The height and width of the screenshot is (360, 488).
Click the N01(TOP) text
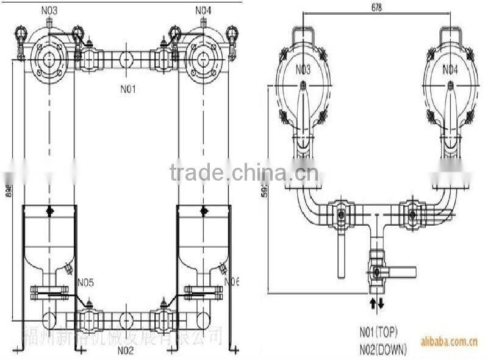click(378, 333)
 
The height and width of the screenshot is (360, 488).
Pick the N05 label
click(85, 282)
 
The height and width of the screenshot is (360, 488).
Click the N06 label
click(232, 281)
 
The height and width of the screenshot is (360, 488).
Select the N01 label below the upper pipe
click(127, 89)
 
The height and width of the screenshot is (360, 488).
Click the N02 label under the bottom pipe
click(126, 350)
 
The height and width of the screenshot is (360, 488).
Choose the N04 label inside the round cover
click(448, 70)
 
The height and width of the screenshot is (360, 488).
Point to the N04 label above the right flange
click(204, 10)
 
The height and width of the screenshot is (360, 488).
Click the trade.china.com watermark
click(243, 173)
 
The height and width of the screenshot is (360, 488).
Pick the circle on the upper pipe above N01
click(127, 61)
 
